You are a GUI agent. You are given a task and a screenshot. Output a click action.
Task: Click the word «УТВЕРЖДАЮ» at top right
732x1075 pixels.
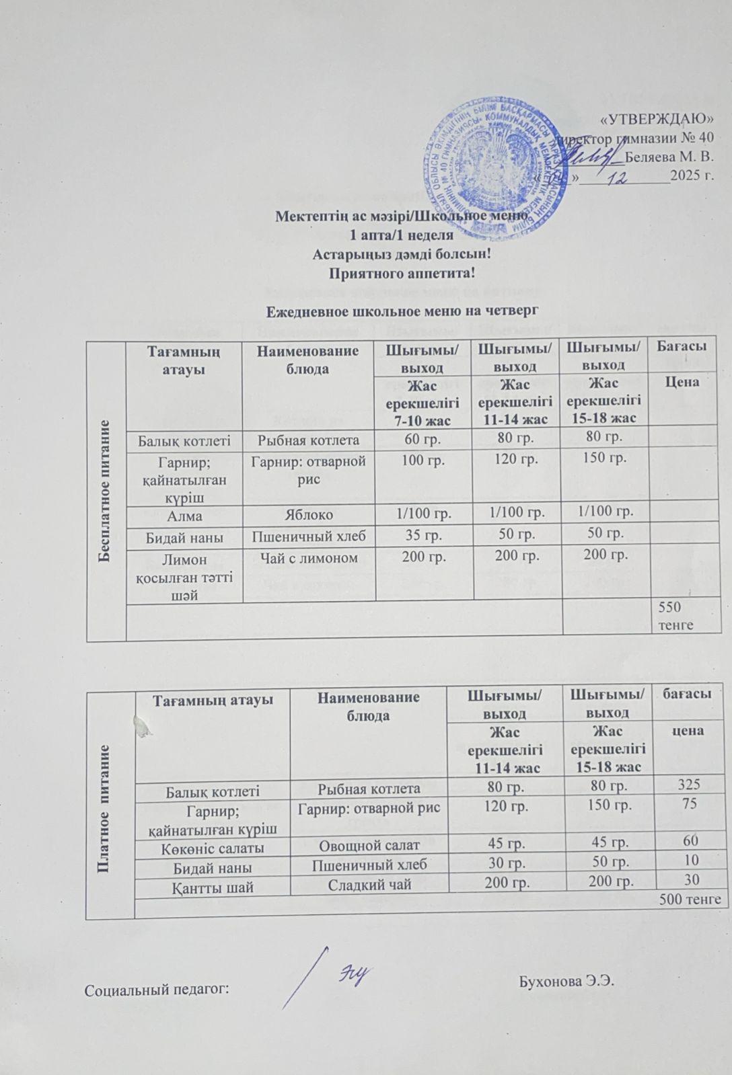pyautogui.click(x=657, y=120)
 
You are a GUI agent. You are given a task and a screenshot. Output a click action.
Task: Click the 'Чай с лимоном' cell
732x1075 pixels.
pyautogui.click(x=309, y=557)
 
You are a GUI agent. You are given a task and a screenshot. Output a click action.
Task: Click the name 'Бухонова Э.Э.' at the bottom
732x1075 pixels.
pyautogui.click(x=568, y=980)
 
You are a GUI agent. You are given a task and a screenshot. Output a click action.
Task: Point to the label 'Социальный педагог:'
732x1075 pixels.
pyautogui.click(x=157, y=989)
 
